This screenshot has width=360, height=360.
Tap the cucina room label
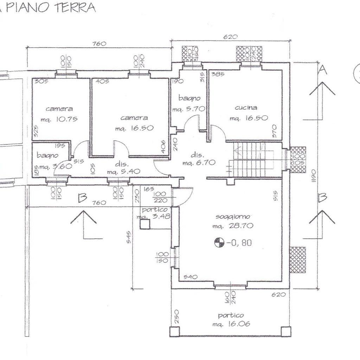[246, 108]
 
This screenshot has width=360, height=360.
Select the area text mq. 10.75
[59, 119]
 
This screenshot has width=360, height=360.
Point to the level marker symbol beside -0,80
[219, 243]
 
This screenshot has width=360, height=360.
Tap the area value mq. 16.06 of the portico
[231, 324]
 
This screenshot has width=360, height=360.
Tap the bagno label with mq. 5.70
[189, 98]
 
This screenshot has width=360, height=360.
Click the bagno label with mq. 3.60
[47, 155]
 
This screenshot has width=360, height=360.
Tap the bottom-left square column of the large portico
[174, 332]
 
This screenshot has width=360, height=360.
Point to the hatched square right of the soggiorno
[297, 260]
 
